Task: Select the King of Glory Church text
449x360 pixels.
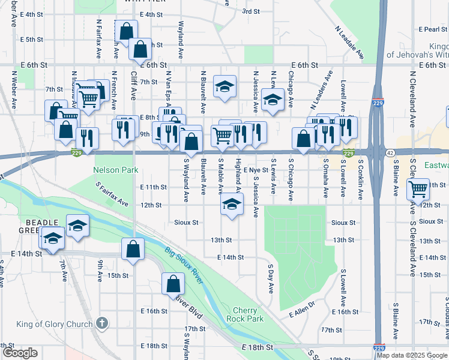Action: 55,324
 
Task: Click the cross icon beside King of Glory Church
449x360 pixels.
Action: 103,323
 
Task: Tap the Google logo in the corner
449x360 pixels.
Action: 20,353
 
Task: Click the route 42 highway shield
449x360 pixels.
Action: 390,153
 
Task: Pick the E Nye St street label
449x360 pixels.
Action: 256,170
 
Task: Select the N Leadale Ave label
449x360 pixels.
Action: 350,42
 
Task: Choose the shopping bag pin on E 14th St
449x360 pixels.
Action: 133,248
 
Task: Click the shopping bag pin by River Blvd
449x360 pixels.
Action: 173,283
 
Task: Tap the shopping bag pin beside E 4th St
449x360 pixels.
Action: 126,30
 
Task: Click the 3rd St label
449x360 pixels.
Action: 250,11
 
